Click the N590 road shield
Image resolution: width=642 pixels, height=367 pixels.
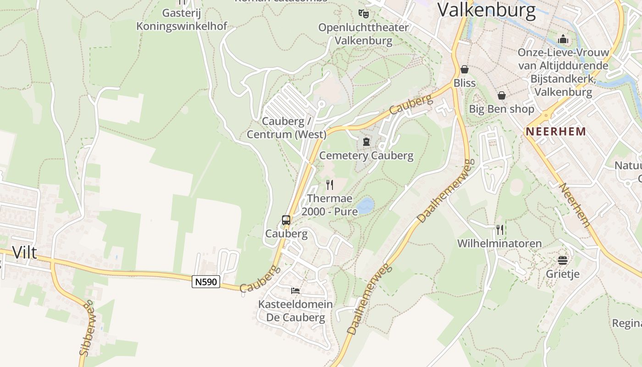[206, 282]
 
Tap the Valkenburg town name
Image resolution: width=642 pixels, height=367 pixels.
[487, 10]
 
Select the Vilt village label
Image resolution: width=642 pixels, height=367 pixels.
[24, 252]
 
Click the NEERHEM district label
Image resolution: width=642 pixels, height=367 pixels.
[556, 132]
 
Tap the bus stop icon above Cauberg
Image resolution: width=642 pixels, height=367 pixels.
[286, 220]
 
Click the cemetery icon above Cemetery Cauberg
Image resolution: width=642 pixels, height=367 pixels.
[366, 142]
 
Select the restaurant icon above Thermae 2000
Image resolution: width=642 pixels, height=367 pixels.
[329, 185]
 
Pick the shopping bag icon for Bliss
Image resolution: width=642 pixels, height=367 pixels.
[465, 69]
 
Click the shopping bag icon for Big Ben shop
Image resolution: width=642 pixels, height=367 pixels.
[502, 95]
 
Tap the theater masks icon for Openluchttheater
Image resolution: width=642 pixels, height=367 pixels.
[364, 13]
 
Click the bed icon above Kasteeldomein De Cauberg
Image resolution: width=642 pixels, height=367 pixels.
[295, 291]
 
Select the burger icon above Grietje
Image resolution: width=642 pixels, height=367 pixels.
[563, 261]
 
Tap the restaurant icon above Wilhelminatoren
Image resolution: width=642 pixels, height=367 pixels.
[500, 229]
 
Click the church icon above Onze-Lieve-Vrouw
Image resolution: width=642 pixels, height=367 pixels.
[563, 39]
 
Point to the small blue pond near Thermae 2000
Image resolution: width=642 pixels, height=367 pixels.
[365, 206]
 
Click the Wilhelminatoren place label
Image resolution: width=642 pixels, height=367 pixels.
[499, 244]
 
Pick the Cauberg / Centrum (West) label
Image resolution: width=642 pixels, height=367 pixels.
[287, 128]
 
